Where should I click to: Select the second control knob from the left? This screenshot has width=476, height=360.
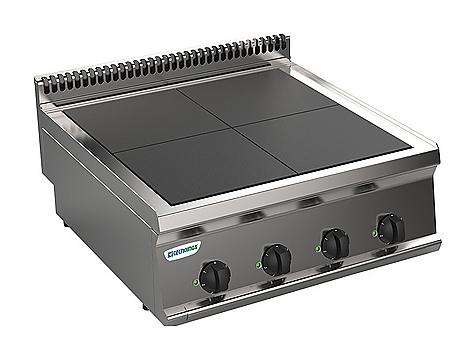[x=278, y=259]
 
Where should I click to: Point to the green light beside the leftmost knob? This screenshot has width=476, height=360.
[x=195, y=281]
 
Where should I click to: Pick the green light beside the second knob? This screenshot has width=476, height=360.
[x=259, y=265]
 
